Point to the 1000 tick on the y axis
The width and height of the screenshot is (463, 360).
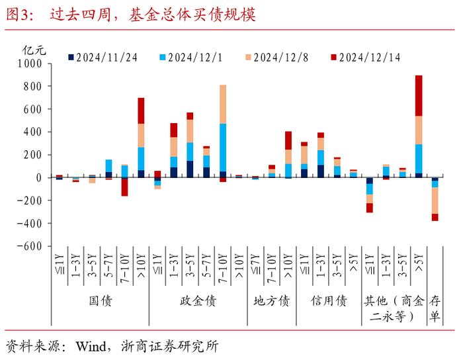pyautogui.click(x=30, y=64)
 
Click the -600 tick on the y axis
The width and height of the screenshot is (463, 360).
pyautogui.click(x=28, y=246)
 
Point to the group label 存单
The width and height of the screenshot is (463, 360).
pyautogui.click(x=435, y=308)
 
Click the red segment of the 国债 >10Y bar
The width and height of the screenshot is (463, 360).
pyautogui.click(x=141, y=111)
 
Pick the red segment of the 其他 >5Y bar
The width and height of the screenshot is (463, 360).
pyautogui.click(x=418, y=95)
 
